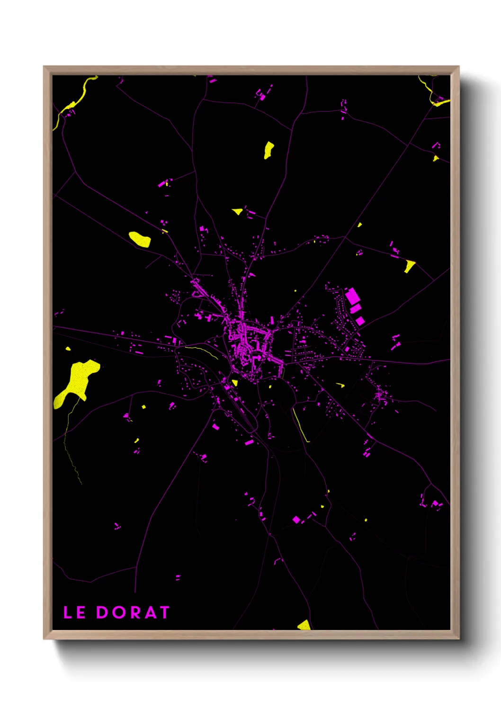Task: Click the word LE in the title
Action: (x=74, y=612)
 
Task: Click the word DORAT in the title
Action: (x=133, y=612)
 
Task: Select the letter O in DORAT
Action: (x=118, y=612)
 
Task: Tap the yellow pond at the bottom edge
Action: (x=304, y=625)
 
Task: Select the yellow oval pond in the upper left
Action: (x=140, y=239)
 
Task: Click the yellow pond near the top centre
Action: (x=268, y=150)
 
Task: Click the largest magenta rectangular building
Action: (x=352, y=296)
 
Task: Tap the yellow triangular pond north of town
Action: (x=238, y=211)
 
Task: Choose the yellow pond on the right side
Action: (x=409, y=266)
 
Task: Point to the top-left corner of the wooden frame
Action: (x=44, y=67)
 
